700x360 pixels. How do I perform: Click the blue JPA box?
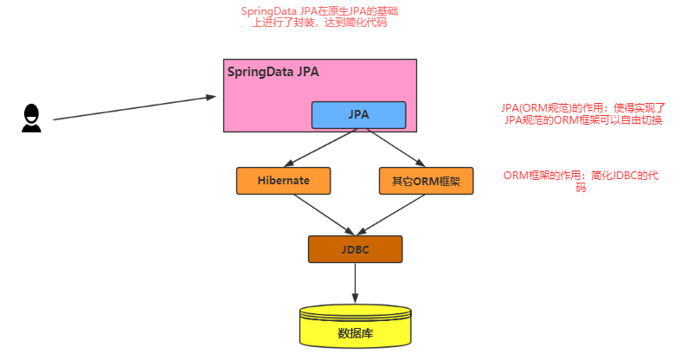coord(358,115)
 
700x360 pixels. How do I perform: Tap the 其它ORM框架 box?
coord(426,181)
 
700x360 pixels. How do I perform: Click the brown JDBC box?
coord(356,249)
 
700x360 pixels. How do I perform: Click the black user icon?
coord(31,118)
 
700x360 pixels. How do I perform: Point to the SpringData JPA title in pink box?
coord(273,72)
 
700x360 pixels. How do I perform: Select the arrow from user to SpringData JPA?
coord(130,107)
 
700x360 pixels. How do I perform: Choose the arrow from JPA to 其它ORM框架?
coord(393,146)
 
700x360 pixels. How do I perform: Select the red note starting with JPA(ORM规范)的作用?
coord(582,114)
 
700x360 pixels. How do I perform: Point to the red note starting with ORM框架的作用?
coord(581,181)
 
